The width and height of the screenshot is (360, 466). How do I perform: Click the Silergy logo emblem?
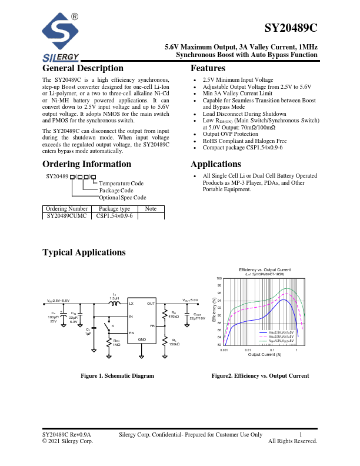coord(61,34)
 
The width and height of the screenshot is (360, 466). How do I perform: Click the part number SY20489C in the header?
coord(291,28)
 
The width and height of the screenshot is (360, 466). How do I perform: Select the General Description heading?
coord(83,68)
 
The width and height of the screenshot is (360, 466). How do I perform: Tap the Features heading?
coord(208,68)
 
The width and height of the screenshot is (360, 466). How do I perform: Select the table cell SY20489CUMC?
coord(66,216)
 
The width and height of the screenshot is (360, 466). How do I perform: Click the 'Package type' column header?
coord(114,209)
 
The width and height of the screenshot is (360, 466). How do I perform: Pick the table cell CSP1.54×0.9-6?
coord(114,216)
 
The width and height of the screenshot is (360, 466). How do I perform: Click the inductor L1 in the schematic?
coord(114,304)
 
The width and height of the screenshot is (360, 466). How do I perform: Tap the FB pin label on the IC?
coord(152,325)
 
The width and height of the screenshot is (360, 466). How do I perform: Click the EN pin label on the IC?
coord(132,333)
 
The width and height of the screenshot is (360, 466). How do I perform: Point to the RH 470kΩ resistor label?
coord(174,315)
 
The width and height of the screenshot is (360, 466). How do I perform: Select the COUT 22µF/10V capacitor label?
coord(198,317)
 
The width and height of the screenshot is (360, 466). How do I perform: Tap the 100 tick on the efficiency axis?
coord(219,278)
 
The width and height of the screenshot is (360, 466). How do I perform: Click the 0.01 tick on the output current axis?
coord(248,349)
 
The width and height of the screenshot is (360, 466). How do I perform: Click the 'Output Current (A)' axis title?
coord(264,355)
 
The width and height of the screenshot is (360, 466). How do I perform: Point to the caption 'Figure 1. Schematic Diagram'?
coord(117,376)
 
